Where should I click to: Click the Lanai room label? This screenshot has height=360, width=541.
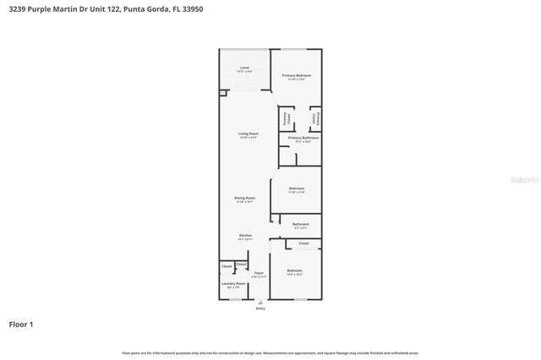(x=244, y=67)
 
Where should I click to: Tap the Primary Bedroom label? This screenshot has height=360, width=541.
(x=297, y=75)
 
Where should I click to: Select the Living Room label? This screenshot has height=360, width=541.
(x=248, y=134)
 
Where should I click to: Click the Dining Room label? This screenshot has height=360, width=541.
(x=245, y=199)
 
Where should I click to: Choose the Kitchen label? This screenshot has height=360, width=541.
(x=245, y=235)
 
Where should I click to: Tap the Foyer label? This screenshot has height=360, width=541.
(x=259, y=272)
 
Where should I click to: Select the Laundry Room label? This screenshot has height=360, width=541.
(x=233, y=283)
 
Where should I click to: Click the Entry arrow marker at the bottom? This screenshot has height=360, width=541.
(x=260, y=302)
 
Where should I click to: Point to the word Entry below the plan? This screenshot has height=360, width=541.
(x=260, y=308)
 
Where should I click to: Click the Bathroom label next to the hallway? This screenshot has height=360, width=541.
(x=301, y=224)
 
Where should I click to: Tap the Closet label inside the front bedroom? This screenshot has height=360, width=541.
(x=303, y=243)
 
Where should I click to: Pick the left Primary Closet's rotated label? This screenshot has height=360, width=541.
(x=286, y=118)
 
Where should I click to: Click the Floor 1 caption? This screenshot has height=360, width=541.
(x=21, y=324)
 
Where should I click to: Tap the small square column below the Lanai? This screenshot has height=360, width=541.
(x=223, y=93)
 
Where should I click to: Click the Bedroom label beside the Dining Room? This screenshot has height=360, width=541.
(x=296, y=188)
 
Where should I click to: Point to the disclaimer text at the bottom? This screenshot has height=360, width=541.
(x=270, y=352)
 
